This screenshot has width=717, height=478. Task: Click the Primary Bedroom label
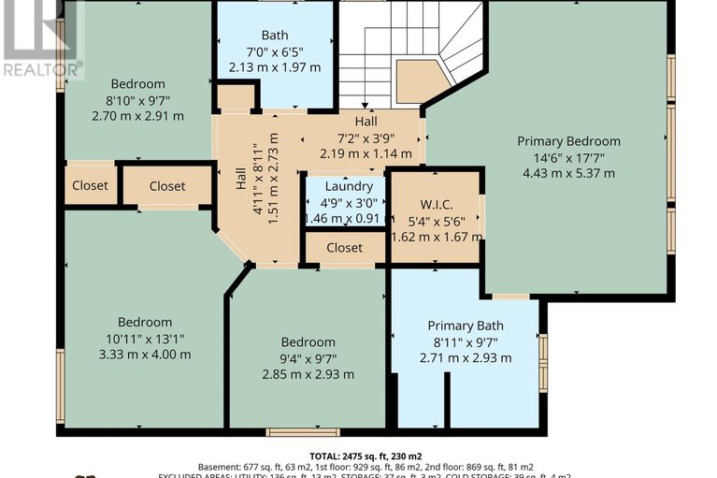point(568,141)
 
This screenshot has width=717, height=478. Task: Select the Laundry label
point(345,186)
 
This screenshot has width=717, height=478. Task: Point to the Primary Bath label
point(466,326)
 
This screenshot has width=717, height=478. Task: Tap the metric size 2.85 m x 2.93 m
point(308,374)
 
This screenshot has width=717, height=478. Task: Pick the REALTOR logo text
point(42,68)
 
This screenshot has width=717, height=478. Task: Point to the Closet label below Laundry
point(345,248)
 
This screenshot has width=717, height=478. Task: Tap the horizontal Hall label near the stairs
point(366,123)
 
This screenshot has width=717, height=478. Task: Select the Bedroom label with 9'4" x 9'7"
point(308,342)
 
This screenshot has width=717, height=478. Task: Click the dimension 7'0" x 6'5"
point(275,51)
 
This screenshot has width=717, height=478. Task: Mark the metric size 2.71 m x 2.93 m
point(466,357)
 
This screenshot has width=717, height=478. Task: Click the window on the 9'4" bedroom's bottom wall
point(289,431)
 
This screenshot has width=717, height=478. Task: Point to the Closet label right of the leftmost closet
point(167,186)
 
